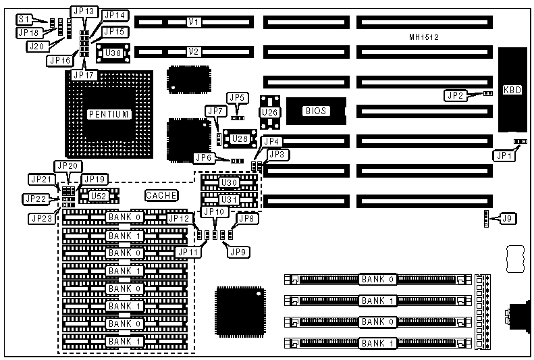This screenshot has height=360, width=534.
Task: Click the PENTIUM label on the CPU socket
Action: [108, 114]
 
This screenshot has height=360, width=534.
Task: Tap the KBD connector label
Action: [512, 90]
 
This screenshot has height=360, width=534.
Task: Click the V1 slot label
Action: [194, 22]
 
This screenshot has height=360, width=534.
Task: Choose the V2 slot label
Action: [194, 51]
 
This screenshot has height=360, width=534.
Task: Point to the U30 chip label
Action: [229, 182]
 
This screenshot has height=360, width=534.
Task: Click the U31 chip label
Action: [229, 199]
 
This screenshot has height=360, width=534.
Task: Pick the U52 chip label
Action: [99, 196]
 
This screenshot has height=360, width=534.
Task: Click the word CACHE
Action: [161, 195]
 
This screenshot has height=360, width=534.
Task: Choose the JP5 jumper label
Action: [238, 98]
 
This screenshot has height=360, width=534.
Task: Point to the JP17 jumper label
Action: [84, 74]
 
